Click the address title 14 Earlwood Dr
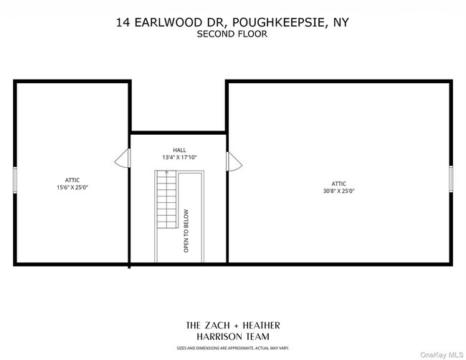click(x=170, y=22)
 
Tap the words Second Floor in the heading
click(x=233, y=34)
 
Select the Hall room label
click(x=179, y=150)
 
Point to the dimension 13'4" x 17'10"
click(x=179, y=157)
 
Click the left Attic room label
click(x=72, y=180)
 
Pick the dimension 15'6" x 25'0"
click(x=72, y=187)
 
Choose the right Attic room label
click(x=340, y=184)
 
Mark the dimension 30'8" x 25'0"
click(x=340, y=191)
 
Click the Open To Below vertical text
click(x=186, y=231)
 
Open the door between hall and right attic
click(x=233, y=161)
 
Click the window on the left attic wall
click(x=14, y=179)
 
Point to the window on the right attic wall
click(x=451, y=179)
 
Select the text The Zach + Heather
click(x=233, y=325)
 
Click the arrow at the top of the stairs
click(x=166, y=173)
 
